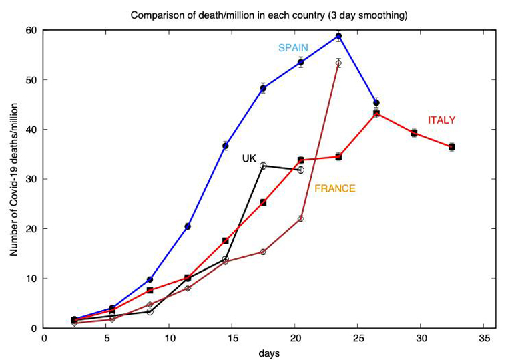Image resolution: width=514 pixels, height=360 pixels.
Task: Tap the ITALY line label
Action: click(441, 120)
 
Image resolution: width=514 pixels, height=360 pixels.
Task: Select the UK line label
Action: click(249, 158)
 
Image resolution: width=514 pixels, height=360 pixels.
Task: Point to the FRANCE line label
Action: click(335, 189)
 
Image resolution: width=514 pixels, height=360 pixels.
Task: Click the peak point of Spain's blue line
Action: click(339, 36)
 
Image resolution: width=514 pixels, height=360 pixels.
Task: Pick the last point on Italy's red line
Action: click(452, 146)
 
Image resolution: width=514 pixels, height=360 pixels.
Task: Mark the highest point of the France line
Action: click(339, 63)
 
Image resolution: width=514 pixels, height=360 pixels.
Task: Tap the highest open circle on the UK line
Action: click(263, 166)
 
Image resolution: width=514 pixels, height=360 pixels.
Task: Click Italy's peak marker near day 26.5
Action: click(376, 114)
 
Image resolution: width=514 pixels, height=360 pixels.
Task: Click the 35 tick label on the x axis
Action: click(485, 339)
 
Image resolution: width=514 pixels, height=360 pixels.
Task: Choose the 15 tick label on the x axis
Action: click(233, 339)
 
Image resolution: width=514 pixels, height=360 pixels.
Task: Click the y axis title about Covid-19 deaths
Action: click(14, 179)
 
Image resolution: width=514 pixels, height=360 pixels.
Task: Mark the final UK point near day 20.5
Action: click(301, 170)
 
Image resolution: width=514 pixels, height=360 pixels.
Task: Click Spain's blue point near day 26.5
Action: click(376, 103)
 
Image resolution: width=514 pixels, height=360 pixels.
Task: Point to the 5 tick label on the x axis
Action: click(107, 339)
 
